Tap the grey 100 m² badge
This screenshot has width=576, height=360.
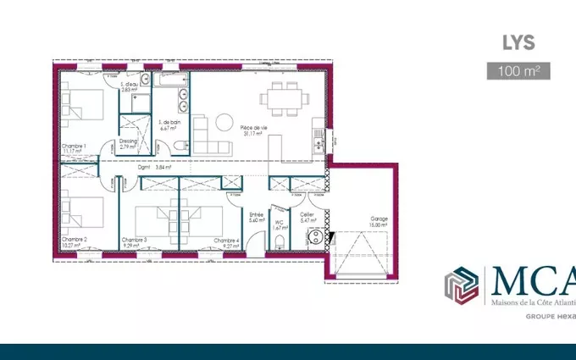[x=518, y=70]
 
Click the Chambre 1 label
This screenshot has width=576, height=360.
[x=74, y=149]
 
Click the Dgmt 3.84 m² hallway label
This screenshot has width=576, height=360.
[x=154, y=167]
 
